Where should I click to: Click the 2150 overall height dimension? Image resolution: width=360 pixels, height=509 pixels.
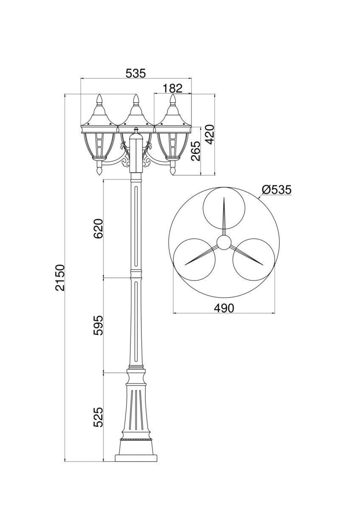click(60, 277)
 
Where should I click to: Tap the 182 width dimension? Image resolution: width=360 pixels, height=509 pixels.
click(173, 88)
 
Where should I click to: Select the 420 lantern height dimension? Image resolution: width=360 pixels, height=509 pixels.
click(209, 134)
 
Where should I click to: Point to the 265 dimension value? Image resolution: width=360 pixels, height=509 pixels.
click(195, 151)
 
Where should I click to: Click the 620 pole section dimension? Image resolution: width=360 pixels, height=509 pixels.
click(98, 228)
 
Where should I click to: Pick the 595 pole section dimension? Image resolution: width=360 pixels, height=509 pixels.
click(98, 325)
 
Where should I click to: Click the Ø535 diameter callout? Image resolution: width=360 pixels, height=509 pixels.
click(276, 190)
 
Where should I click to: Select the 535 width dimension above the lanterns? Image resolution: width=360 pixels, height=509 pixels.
click(135, 73)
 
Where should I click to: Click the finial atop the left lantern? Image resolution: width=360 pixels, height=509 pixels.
click(99, 100)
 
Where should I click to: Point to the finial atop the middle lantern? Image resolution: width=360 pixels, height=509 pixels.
click(136, 100)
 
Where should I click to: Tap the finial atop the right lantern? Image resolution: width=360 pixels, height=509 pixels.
click(173, 100)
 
